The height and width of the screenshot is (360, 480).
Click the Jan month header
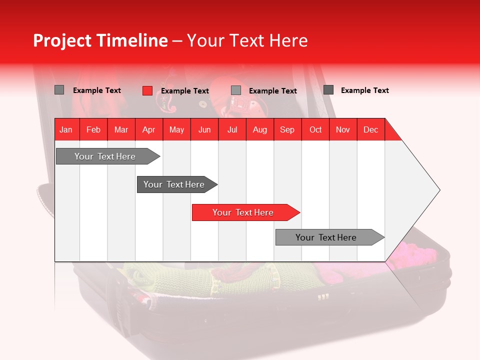pos(66,129)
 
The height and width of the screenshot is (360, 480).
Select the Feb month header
pos(93,129)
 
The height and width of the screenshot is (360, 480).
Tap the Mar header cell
pos(121,129)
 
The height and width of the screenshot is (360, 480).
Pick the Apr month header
pos(149,129)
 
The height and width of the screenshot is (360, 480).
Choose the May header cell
pos(176,129)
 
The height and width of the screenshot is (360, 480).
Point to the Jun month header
pos(204,129)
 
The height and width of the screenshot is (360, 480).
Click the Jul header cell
pos(232,129)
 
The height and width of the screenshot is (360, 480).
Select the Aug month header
pos(260,129)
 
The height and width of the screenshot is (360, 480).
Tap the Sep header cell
pos(287,129)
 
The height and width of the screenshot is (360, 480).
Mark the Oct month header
pos(315,129)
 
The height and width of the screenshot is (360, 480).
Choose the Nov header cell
pos(343,129)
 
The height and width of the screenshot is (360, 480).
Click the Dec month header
pos(371,129)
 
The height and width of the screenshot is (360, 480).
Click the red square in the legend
pos(147,90)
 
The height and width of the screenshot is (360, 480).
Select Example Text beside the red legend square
pos(185,91)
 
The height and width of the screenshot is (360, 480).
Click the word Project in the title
pos(62,40)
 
